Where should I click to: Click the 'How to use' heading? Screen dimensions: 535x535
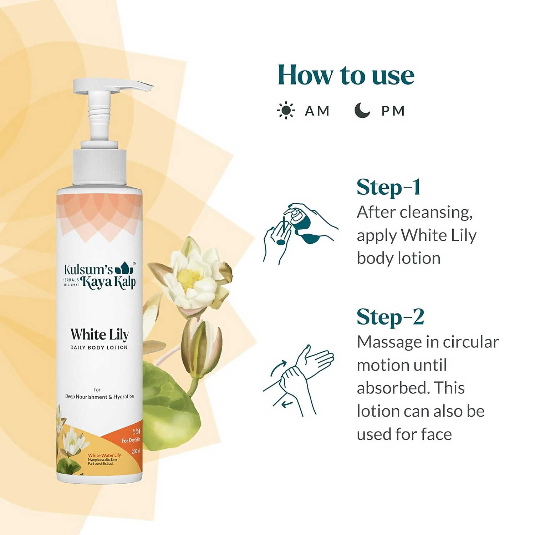tap(346, 75)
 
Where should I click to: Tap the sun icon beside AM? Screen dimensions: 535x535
tap(286, 111)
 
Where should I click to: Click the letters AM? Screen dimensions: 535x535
tap(317, 111)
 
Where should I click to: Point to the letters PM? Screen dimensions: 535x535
tap(393, 111)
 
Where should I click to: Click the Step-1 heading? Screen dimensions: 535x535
tap(389, 187)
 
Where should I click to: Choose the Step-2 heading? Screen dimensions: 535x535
tap(391, 317)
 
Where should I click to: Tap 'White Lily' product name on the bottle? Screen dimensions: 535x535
tap(99, 335)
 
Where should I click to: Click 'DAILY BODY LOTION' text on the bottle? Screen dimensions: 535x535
tap(99, 347)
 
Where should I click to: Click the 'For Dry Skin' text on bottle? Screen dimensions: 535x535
tap(131, 440)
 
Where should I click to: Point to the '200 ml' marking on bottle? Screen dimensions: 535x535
tap(136, 452)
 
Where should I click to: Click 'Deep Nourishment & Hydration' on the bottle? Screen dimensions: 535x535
tap(100, 397)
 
